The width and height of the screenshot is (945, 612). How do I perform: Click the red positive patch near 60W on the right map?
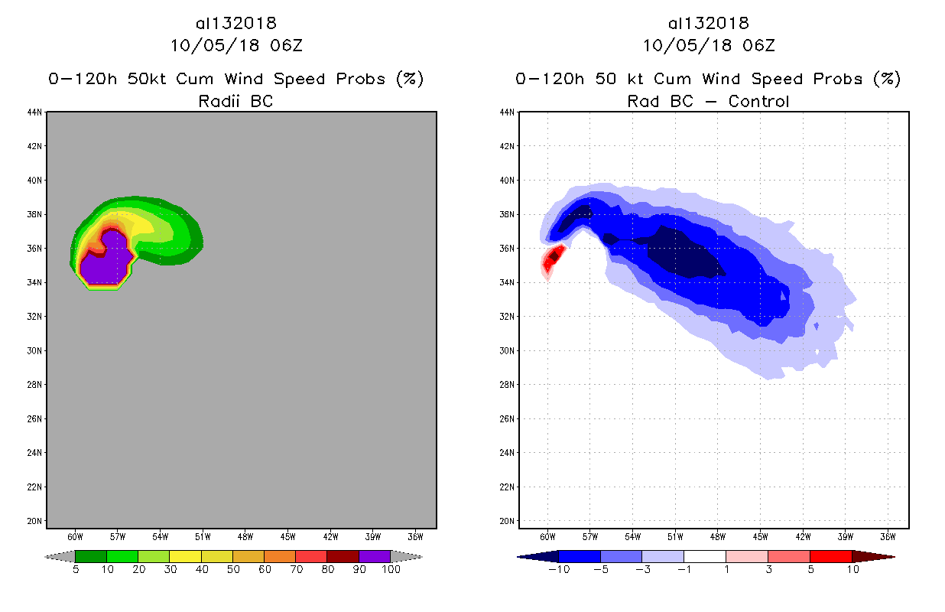click(554, 257)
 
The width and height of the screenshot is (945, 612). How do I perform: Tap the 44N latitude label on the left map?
click(35, 112)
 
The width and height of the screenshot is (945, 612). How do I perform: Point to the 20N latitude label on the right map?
click(507, 521)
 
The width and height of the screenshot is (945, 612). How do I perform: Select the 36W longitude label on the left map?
click(415, 536)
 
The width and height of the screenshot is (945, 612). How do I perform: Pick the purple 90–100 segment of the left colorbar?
click(375, 556)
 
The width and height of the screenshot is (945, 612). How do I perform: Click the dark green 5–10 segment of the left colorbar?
click(91, 556)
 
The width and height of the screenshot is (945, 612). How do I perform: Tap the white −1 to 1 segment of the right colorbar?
click(704, 556)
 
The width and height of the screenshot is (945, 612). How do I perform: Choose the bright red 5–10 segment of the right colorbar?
click(830, 556)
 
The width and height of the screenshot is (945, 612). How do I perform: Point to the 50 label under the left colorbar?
click(232, 570)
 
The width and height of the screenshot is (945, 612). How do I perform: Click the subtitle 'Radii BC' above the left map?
click(235, 101)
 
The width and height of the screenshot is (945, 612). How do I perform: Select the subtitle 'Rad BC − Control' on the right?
click(708, 101)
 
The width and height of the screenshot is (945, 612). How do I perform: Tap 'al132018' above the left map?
click(235, 24)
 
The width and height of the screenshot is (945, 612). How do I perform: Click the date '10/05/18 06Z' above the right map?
click(708, 45)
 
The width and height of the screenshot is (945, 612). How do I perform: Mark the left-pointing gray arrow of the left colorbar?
click(60, 556)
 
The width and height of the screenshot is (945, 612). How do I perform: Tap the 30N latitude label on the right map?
click(507, 350)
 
